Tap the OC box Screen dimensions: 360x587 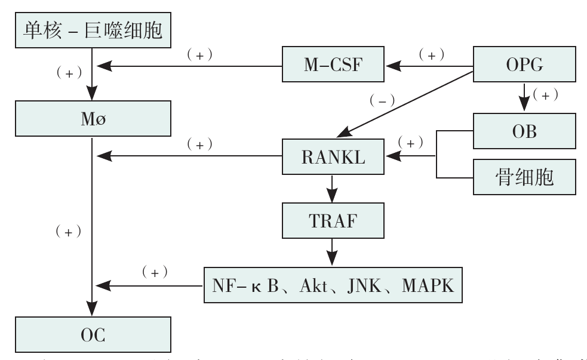93,335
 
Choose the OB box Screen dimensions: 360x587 524,131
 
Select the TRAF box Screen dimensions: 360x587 333,222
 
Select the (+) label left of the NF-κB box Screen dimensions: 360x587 154,272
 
